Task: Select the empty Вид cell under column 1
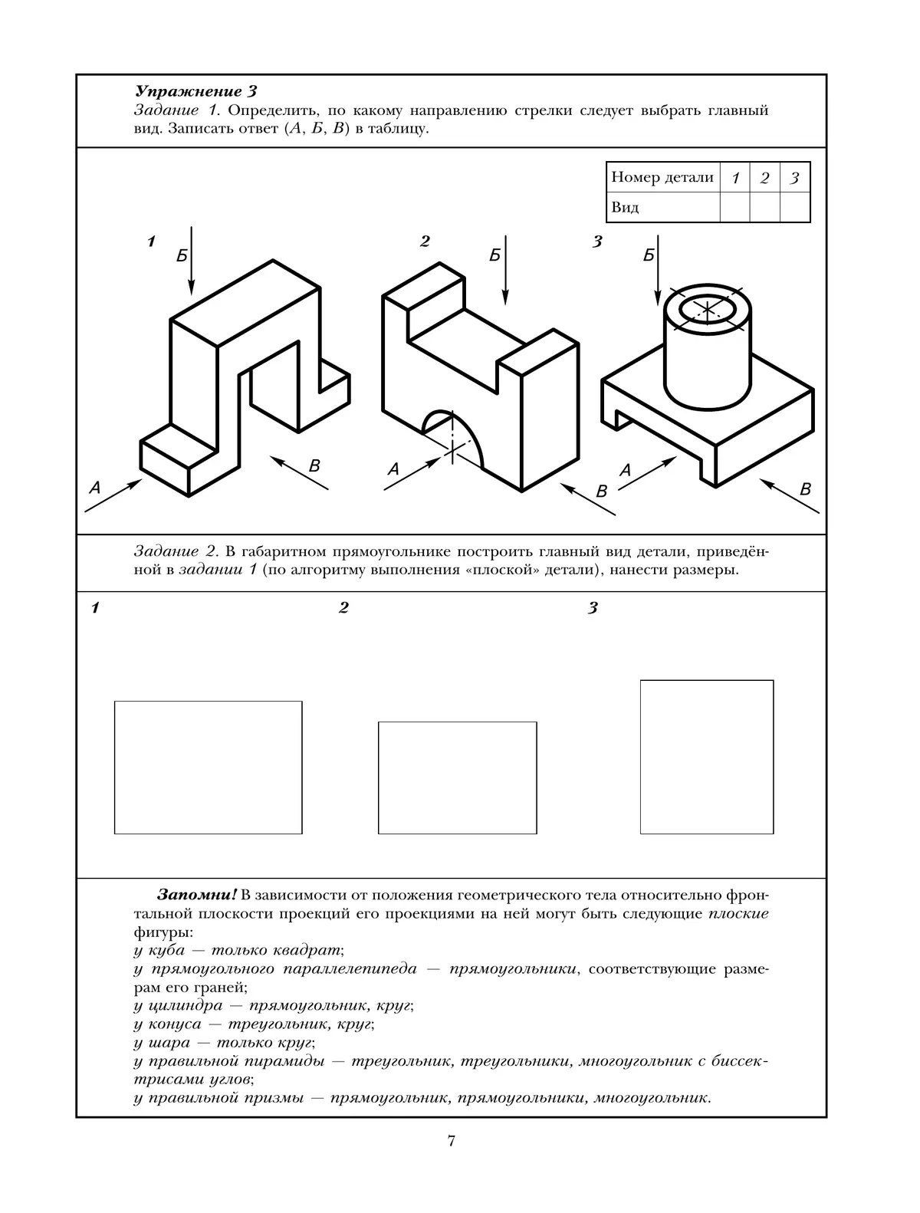coord(734,207)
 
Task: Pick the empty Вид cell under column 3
coord(795,207)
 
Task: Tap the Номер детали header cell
coord(662,177)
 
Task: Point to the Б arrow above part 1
coord(192,261)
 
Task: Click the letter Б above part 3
coord(649,255)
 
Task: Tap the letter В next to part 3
coord(805,488)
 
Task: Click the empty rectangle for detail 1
coord(208,767)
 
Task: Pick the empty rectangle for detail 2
coord(457,777)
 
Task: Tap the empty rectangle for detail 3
coord(706,756)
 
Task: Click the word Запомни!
coord(197,895)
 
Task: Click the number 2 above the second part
coord(425,242)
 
